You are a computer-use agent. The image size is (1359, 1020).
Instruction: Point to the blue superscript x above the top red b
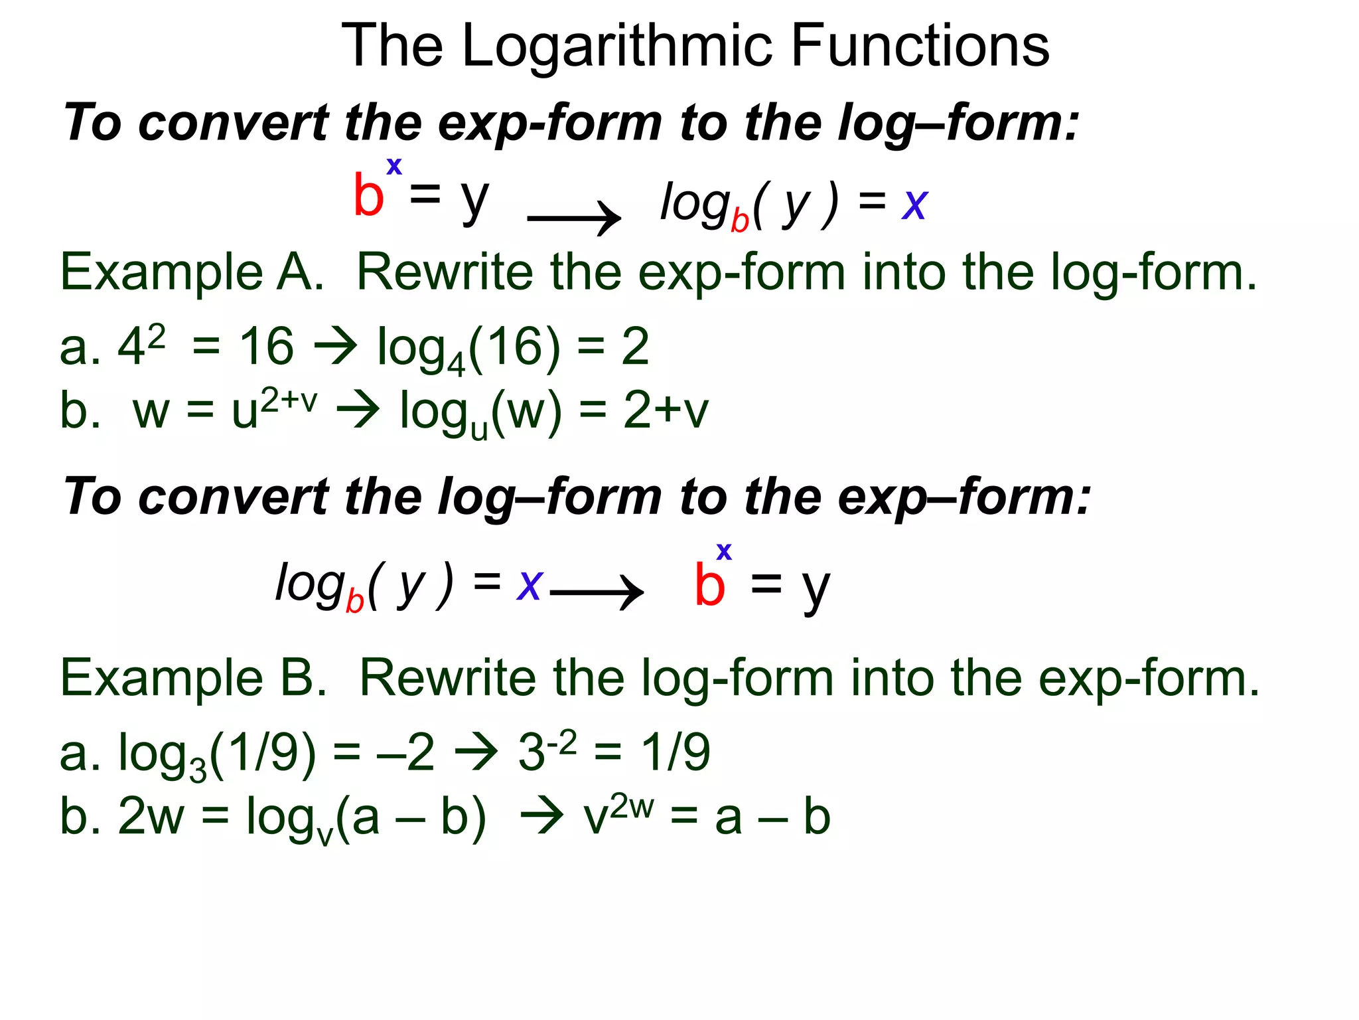click(394, 165)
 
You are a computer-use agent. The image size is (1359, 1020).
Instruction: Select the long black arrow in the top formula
click(574, 217)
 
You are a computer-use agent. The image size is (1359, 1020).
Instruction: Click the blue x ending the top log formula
click(914, 204)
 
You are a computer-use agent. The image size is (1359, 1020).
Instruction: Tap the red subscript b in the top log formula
click(740, 220)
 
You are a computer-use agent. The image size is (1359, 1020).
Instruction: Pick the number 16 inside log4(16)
click(514, 347)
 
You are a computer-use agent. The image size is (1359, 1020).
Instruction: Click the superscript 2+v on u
click(289, 400)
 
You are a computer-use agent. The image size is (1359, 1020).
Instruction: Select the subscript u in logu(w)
click(478, 428)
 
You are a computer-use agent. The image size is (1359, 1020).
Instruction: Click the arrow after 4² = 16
click(336, 346)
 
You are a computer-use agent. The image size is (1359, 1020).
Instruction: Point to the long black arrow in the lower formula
click(596, 591)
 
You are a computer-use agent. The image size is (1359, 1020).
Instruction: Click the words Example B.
click(193, 678)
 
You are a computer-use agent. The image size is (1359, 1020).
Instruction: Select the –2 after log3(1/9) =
click(405, 752)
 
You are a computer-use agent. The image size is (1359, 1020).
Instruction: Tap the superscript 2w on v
click(632, 806)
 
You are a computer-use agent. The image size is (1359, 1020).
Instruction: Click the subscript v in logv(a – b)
click(324, 835)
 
